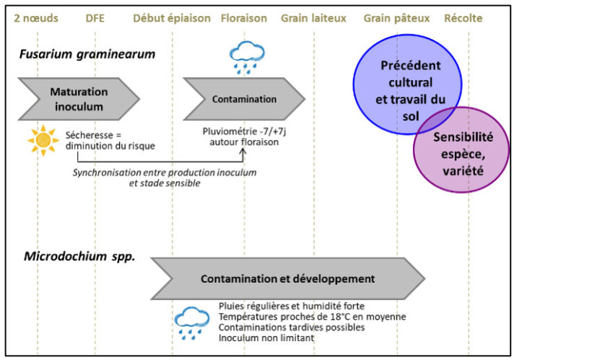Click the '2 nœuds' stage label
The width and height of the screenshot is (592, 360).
[x=37, y=18]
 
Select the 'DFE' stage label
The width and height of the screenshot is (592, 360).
[x=95, y=18]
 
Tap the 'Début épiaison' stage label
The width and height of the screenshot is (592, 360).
[x=172, y=18]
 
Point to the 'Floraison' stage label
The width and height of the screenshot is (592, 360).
[x=244, y=18]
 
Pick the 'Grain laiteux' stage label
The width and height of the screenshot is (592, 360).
[x=313, y=18]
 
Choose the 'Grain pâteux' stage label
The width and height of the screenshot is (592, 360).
[x=396, y=18]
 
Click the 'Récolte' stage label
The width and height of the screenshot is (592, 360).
[x=463, y=18]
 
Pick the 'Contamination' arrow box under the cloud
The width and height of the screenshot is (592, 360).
[x=244, y=100]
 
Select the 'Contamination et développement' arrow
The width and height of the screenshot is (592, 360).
[x=287, y=278]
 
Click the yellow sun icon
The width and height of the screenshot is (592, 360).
[x=43, y=140]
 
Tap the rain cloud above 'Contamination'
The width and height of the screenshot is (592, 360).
[x=247, y=56]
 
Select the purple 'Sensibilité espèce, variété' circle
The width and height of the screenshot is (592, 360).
[x=456, y=150]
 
